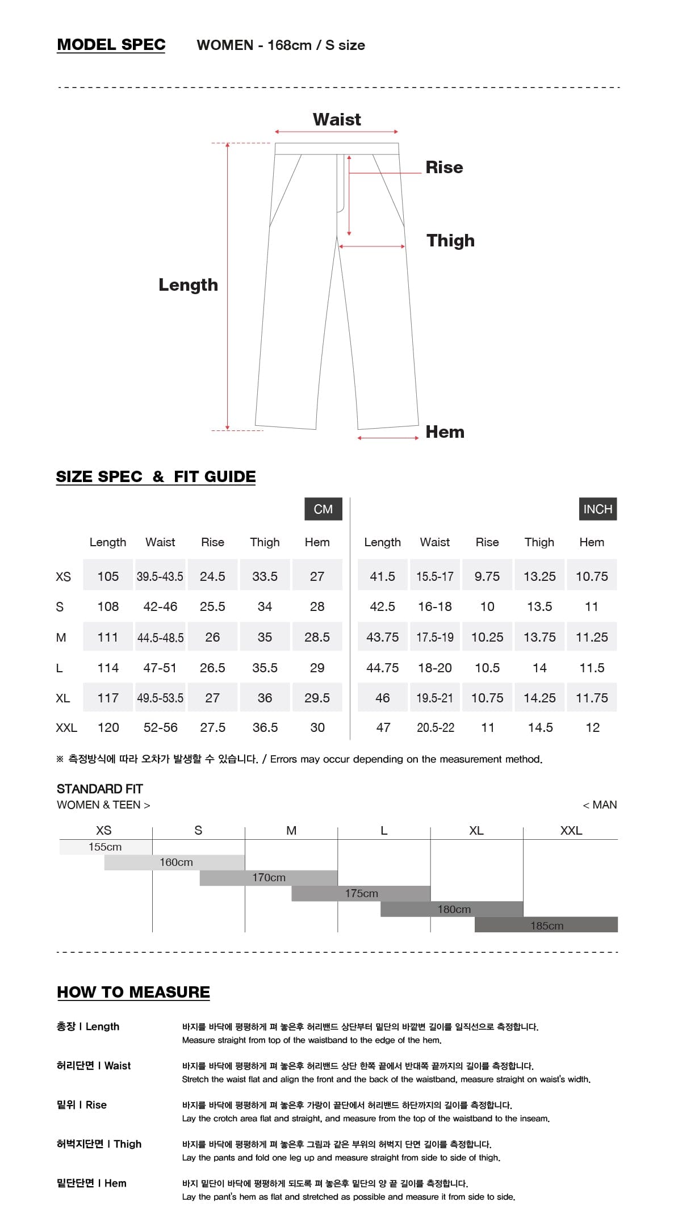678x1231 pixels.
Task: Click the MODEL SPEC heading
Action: (111, 45)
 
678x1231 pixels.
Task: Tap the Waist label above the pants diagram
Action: (337, 120)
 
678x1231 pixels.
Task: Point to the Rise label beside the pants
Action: (444, 168)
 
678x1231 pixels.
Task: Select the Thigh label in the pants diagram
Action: (450, 241)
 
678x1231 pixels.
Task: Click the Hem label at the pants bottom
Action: (445, 432)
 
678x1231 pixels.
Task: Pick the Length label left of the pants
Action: (188, 285)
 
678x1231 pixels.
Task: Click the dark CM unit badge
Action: (323, 509)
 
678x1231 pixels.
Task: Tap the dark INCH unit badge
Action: (597, 509)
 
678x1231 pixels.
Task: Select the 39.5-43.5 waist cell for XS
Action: (160, 576)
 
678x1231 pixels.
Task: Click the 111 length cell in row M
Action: (108, 637)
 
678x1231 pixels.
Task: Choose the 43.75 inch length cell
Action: (382, 637)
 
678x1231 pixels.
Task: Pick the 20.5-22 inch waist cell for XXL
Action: (436, 727)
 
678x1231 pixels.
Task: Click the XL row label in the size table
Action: (63, 698)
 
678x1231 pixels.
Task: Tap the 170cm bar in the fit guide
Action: (269, 878)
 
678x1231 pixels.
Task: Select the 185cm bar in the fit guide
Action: (546, 926)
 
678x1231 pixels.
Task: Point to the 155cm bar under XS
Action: (105, 847)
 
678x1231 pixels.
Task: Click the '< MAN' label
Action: (600, 805)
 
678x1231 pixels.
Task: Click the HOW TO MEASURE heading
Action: (133, 992)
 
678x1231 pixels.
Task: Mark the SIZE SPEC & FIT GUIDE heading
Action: (156, 477)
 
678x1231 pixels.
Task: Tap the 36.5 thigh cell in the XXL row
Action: (265, 727)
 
